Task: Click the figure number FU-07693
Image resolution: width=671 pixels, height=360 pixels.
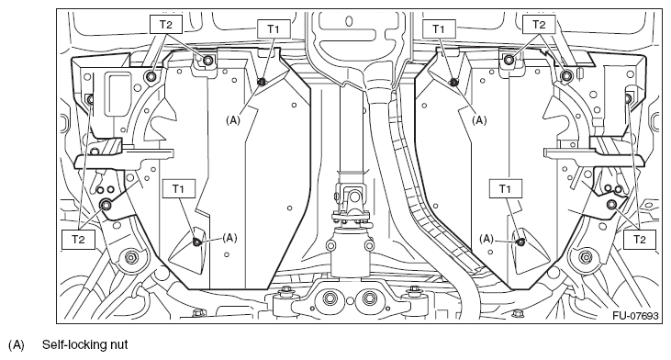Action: tap(635, 316)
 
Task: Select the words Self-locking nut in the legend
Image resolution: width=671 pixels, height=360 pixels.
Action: tap(84, 344)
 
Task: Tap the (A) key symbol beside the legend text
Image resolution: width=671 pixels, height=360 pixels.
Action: tap(17, 344)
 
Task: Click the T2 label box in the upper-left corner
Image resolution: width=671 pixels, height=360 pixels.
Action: tap(166, 25)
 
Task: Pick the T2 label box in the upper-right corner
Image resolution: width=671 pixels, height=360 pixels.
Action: tap(539, 25)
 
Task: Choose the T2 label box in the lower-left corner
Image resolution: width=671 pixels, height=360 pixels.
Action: tap(78, 240)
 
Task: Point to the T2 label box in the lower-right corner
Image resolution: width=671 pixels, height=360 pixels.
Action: tap(640, 240)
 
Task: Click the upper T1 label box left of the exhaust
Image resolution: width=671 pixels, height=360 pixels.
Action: tap(274, 28)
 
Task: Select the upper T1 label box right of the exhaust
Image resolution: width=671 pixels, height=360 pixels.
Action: tap(439, 28)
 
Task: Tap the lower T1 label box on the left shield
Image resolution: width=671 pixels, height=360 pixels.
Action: tap(178, 188)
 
